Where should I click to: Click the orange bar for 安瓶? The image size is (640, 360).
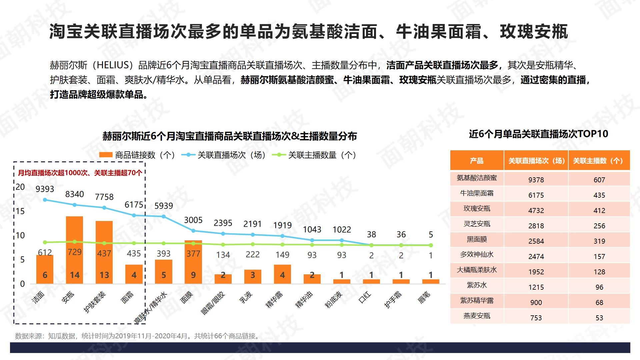74,250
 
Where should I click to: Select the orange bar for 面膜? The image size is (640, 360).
193,262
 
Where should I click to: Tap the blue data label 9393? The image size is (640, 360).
45,189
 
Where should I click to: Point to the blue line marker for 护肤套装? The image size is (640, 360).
104,208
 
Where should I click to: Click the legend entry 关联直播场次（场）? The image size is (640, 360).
224,155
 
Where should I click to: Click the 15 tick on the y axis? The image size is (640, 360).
20,211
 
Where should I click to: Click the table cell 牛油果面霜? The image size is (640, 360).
477,193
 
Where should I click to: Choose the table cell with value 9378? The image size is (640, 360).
536,180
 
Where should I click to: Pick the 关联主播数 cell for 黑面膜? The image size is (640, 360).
599,241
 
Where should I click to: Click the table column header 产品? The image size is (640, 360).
477,161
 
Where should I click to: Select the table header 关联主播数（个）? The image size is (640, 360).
599,161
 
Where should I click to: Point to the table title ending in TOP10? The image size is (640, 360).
538,134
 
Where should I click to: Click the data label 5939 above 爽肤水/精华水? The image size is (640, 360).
164,206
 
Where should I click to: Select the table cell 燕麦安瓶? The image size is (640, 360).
477,316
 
